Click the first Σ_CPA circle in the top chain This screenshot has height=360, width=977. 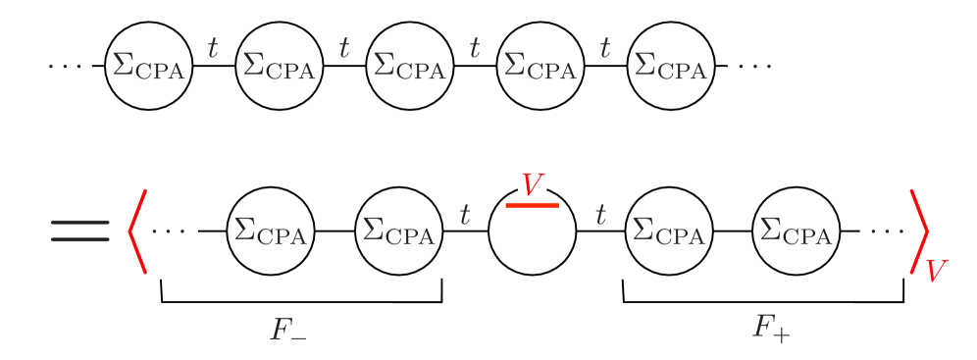(149, 67)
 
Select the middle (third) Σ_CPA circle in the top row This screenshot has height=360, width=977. (410, 67)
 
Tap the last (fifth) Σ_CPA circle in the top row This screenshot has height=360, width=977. (671, 67)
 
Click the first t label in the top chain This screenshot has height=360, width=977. (213, 46)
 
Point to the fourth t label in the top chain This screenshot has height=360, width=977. (605, 46)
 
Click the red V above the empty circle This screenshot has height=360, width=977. (533, 183)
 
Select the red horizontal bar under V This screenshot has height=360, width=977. (532, 205)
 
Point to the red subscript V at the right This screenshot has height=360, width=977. (937, 269)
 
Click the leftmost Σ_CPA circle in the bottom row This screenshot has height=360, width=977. (271, 232)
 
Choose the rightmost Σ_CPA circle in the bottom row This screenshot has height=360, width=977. (797, 232)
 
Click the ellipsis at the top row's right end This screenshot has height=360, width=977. (754, 67)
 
